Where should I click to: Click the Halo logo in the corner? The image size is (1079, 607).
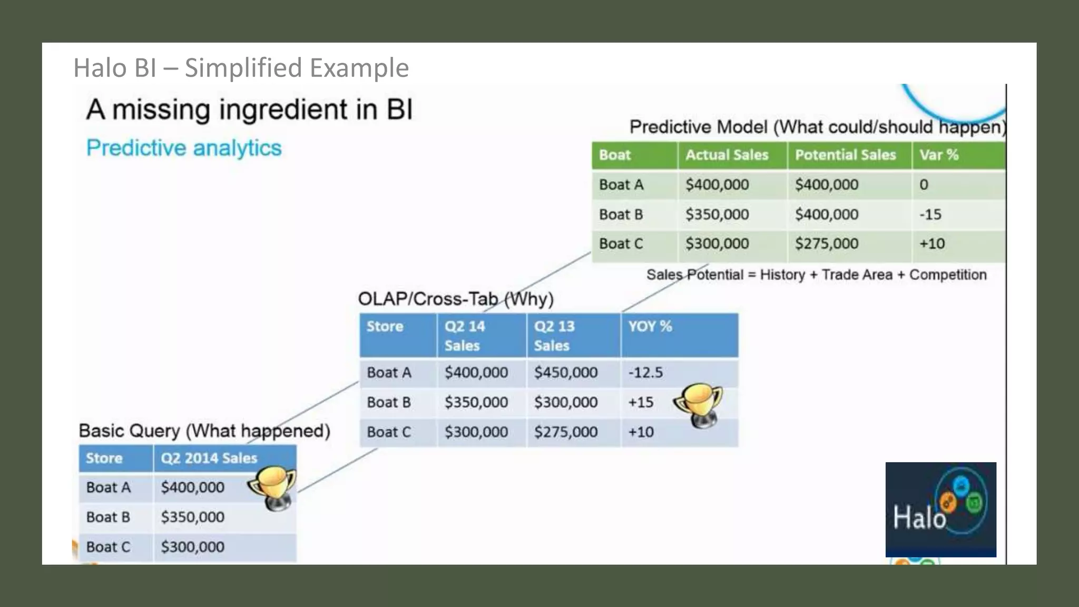click(x=940, y=509)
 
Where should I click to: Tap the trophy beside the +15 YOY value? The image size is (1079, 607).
click(x=698, y=405)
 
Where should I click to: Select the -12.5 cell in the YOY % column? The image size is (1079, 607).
click(x=645, y=373)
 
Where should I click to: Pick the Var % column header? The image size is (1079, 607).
click(x=939, y=155)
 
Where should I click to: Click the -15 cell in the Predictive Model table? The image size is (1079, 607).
click(x=930, y=214)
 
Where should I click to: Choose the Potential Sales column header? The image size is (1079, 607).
click(x=845, y=155)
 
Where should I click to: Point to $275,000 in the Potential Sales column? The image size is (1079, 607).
click(x=826, y=243)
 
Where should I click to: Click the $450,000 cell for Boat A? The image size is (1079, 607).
click(x=565, y=373)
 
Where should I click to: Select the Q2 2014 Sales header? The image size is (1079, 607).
click(x=209, y=458)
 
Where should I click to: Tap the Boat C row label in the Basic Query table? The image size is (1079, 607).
click(x=108, y=547)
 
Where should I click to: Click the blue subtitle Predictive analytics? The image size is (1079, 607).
click(x=184, y=148)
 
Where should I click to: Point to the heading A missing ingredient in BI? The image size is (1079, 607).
click(x=249, y=110)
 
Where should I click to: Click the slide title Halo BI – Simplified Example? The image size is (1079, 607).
click(x=241, y=68)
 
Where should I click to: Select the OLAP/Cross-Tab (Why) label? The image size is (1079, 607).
click(x=455, y=299)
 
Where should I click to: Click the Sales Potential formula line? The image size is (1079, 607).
click(x=816, y=275)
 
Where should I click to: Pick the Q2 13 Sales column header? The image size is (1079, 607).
click(x=554, y=336)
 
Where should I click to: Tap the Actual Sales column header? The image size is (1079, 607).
click(x=727, y=155)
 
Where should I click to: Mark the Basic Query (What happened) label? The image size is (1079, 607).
click(x=204, y=430)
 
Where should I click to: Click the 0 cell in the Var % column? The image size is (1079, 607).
click(x=924, y=185)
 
